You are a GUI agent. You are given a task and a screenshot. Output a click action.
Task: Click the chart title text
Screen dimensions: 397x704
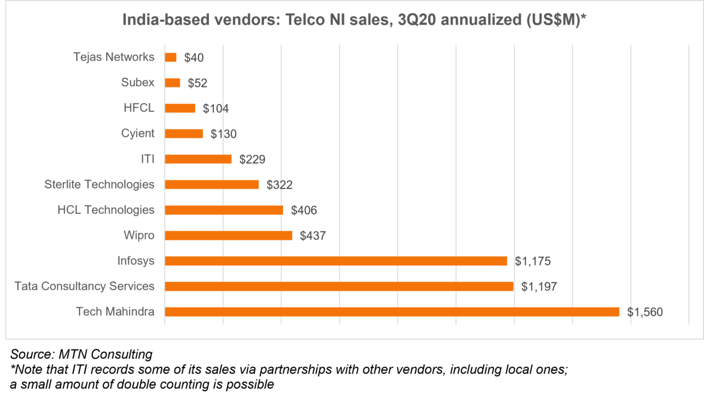(355, 20)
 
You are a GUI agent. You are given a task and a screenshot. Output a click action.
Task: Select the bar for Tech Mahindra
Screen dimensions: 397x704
(392, 312)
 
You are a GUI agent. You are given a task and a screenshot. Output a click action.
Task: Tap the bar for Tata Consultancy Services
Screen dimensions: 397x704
(339, 286)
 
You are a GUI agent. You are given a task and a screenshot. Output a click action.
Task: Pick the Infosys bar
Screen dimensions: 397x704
(336, 261)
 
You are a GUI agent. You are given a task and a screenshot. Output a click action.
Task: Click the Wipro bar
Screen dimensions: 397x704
(228, 236)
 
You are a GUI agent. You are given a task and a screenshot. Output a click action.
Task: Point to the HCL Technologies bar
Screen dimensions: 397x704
(224, 210)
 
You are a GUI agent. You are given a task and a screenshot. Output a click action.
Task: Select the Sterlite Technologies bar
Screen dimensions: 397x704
(212, 184)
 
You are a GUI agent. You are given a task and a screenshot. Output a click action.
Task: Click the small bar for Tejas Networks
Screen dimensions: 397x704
(171, 57)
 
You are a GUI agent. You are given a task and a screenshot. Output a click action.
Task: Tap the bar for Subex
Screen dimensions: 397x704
(172, 83)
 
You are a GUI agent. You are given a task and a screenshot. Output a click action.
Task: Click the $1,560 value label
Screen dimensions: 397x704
(645, 312)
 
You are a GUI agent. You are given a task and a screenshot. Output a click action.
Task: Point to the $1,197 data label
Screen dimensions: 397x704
(539, 287)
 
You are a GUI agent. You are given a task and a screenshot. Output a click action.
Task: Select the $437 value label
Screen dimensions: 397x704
(313, 236)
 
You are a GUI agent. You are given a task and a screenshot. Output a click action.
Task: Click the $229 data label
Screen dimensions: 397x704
(252, 159)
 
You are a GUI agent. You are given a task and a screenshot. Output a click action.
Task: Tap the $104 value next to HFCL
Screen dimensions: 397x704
(215, 109)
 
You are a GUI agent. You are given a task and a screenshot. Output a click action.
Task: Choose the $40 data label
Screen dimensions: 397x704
(194, 58)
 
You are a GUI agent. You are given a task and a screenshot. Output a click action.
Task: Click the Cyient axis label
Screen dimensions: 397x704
(138, 133)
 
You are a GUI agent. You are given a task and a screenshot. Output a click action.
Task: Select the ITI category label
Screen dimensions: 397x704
(148, 159)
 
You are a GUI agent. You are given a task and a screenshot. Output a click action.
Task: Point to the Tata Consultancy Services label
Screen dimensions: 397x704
(84, 286)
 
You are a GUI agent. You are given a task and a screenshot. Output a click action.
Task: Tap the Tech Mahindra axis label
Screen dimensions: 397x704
(115, 312)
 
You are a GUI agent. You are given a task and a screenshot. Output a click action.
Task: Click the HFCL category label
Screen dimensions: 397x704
(139, 108)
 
